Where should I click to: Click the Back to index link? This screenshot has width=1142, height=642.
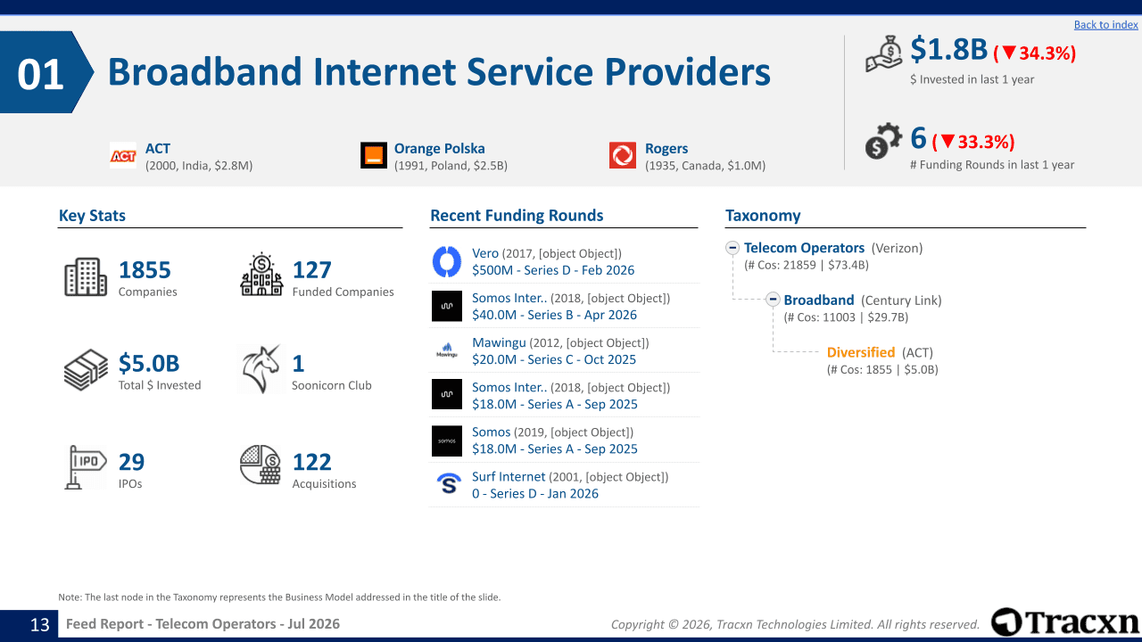click(x=1105, y=24)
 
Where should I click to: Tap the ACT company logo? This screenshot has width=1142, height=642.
click(x=123, y=155)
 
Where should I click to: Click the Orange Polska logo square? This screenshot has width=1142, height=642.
click(x=374, y=155)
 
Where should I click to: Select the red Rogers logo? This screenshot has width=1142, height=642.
click(x=623, y=155)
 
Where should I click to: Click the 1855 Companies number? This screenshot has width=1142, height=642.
click(x=145, y=270)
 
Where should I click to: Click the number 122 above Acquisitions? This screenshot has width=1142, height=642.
click(x=312, y=462)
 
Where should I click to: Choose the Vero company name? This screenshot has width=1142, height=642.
click(x=485, y=253)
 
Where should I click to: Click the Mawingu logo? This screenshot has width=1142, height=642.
click(x=447, y=350)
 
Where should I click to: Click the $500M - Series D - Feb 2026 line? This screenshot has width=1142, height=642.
click(x=553, y=270)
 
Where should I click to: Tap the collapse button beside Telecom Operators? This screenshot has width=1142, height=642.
click(x=732, y=248)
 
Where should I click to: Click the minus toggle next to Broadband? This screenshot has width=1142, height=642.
click(x=773, y=300)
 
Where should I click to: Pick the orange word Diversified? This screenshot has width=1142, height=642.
click(x=861, y=352)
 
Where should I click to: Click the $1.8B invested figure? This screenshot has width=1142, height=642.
click(x=948, y=49)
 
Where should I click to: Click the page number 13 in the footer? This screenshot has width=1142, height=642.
click(x=40, y=624)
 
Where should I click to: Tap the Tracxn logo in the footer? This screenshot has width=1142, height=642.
click(x=1064, y=622)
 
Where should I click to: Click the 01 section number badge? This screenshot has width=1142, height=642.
click(x=41, y=74)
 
